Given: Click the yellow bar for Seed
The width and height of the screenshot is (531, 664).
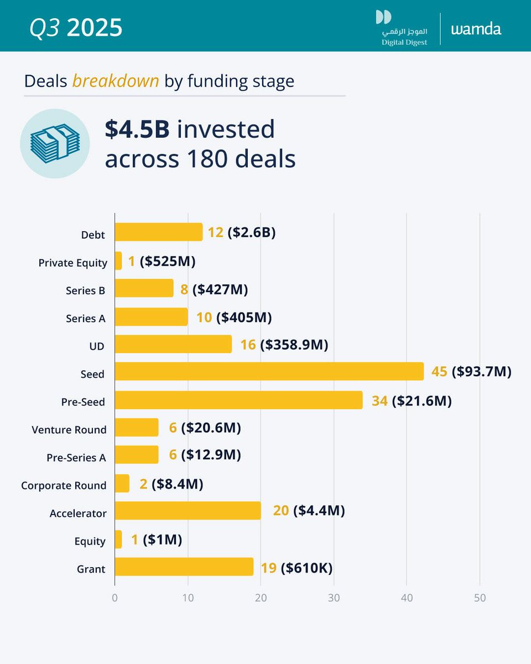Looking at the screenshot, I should click(269, 371).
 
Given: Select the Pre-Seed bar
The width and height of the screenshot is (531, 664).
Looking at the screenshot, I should click(238, 400).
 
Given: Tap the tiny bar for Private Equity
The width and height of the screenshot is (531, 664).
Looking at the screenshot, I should click(118, 261).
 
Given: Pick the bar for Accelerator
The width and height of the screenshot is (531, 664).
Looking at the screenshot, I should click(188, 511).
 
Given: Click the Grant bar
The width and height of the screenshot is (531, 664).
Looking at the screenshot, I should click(184, 567).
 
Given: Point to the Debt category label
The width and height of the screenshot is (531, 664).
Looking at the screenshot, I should click(93, 235).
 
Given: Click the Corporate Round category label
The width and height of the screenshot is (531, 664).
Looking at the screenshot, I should click(64, 485).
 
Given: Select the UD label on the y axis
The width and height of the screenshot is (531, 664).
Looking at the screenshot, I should click(98, 346).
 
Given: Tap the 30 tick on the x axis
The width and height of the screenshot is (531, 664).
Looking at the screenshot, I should click(334, 598).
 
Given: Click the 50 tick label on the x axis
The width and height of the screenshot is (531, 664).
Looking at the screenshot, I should click(480, 598).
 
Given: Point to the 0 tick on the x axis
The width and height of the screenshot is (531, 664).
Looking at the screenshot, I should click(114, 598).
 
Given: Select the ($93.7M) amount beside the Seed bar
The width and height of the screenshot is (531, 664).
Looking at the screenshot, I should click(481, 372).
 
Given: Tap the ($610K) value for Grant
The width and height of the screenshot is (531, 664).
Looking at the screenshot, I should click(306, 568).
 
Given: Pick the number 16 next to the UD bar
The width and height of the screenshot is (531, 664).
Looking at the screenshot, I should click(248, 345).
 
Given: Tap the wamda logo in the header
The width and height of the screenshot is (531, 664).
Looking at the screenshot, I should click(476, 29).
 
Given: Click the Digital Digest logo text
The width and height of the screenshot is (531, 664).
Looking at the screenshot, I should click(404, 43).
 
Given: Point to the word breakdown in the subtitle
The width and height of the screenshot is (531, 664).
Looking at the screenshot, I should click(116, 81).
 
